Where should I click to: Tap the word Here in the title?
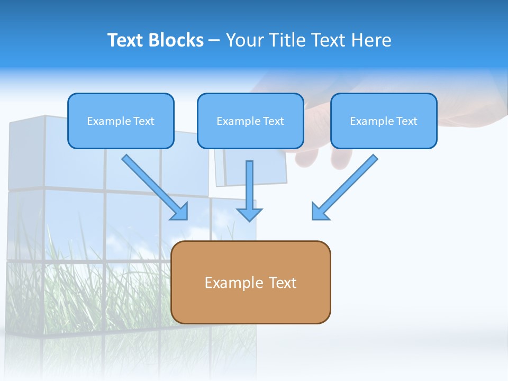[x=371, y=40]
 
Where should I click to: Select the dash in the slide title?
[x=214, y=40]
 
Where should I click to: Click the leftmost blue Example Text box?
[x=121, y=121]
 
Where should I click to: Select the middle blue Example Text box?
[x=250, y=121]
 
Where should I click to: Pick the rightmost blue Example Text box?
[x=384, y=121]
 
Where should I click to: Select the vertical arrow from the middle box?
[x=250, y=185]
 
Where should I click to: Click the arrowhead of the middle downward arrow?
[x=250, y=215]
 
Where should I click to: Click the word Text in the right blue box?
[x=406, y=121]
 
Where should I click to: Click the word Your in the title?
[x=244, y=40]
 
